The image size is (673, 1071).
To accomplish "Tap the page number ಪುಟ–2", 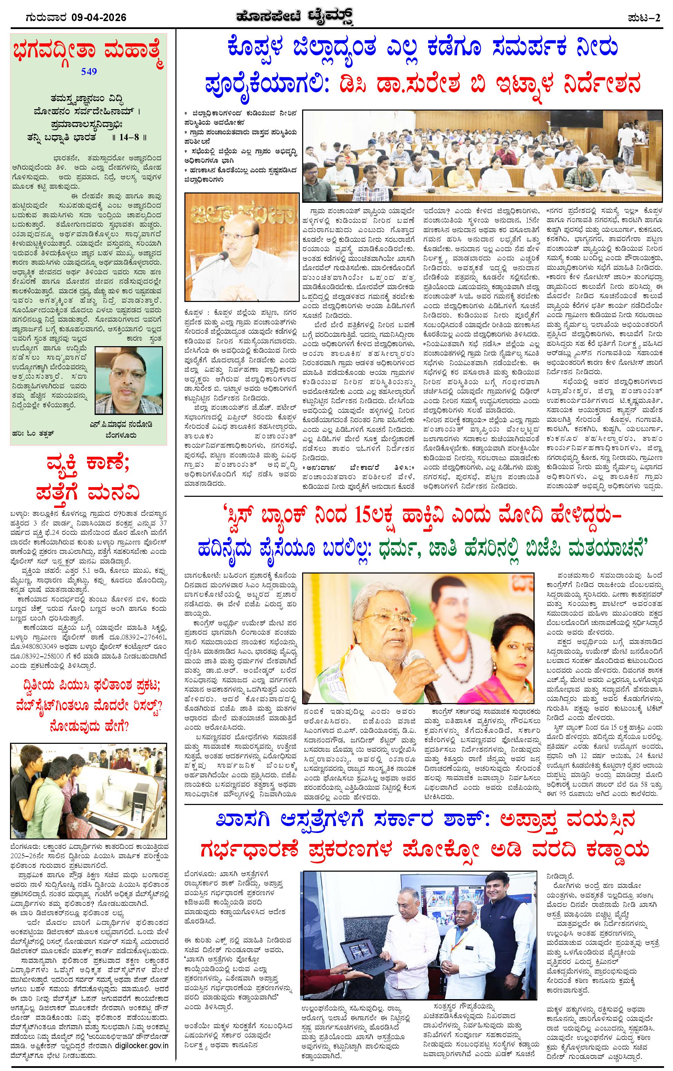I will (x=645, y=17).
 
